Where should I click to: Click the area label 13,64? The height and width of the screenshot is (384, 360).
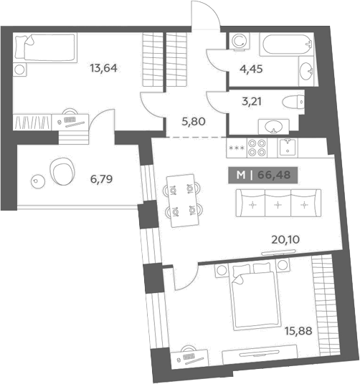(104, 68)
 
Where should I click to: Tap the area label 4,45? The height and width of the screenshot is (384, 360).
(251, 69)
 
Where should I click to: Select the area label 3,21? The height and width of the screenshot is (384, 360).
(252, 101)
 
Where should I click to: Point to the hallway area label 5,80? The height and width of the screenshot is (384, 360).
(194, 122)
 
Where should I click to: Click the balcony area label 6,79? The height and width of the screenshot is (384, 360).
(101, 179)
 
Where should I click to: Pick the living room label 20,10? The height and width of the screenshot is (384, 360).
(285, 239)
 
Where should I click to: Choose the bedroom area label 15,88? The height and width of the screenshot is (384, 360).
(298, 331)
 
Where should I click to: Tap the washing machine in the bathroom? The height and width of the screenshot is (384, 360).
(240, 41)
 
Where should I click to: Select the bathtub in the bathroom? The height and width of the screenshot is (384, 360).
(286, 44)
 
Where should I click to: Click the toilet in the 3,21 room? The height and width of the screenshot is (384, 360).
(293, 102)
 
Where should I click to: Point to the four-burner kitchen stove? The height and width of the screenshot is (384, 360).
(257, 148)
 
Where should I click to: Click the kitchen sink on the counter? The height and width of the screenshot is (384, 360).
(288, 148)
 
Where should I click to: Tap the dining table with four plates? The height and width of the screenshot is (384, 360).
(183, 201)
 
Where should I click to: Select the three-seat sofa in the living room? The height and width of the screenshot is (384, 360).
(278, 203)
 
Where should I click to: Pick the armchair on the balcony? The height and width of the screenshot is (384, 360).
(62, 171)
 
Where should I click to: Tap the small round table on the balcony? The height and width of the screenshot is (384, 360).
(38, 181)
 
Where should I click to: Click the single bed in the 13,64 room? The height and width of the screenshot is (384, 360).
(45, 47)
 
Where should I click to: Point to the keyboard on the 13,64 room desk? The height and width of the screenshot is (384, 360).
(70, 120)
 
